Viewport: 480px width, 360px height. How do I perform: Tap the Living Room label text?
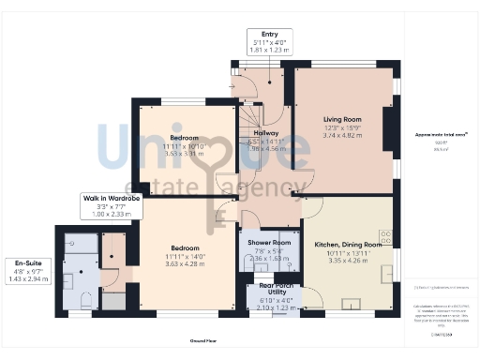pos(343,119)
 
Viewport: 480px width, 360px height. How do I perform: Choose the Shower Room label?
pos(269,243)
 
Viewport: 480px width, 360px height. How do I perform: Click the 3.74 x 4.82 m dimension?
pos(343,135)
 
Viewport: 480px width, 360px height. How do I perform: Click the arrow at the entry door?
pos(233,85)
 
